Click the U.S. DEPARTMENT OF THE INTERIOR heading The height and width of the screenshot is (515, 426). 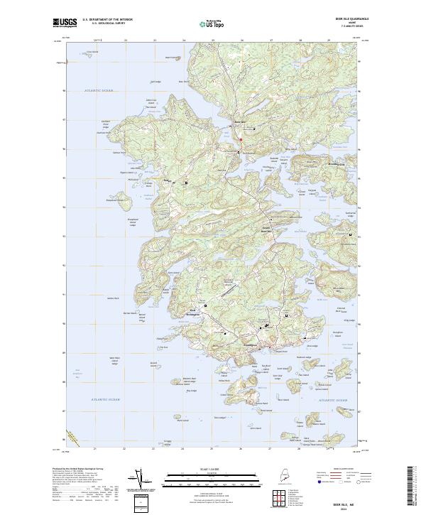[107, 20]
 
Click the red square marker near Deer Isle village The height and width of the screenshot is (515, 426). [241, 140]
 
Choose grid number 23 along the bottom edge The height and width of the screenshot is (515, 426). [154, 449]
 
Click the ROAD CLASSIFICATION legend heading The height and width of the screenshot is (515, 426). [342, 470]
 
